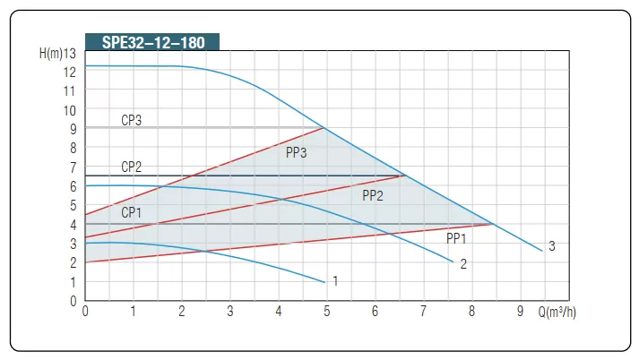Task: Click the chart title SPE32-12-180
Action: pyautogui.click(x=151, y=42)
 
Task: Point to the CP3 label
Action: pyautogui.click(x=132, y=120)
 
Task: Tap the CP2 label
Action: pyautogui.click(x=132, y=167)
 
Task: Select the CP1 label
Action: pyautogui.click(x=132, y=212)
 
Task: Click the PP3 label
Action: pyautogui.click(x=297, y=152)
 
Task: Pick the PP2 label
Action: pyautogui.click(x=373, y=195)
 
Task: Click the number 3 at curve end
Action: pyautogui.click(x=552, y=246)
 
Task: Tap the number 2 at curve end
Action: pyautogui.click(x=463, y=264)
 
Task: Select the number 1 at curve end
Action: pyautogui.click(x=334, y=281)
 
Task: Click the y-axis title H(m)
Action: pyautogui.click(x=52, y=53)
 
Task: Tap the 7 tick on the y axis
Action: pyautogui.click(x=72, y=167)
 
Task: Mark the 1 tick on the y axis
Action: pyautogui.click(x=72, y=282)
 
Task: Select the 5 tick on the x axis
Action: pyautogui.click(x=326, y=312)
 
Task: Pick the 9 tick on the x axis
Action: pyautogui.click(x=520, y=312)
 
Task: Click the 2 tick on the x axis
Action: pyautogui.click(x=182, y=312)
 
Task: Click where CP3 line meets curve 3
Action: pyautogui.click(x=323, y=128)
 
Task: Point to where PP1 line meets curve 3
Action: pyautogui.click(x=494, y=224)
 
